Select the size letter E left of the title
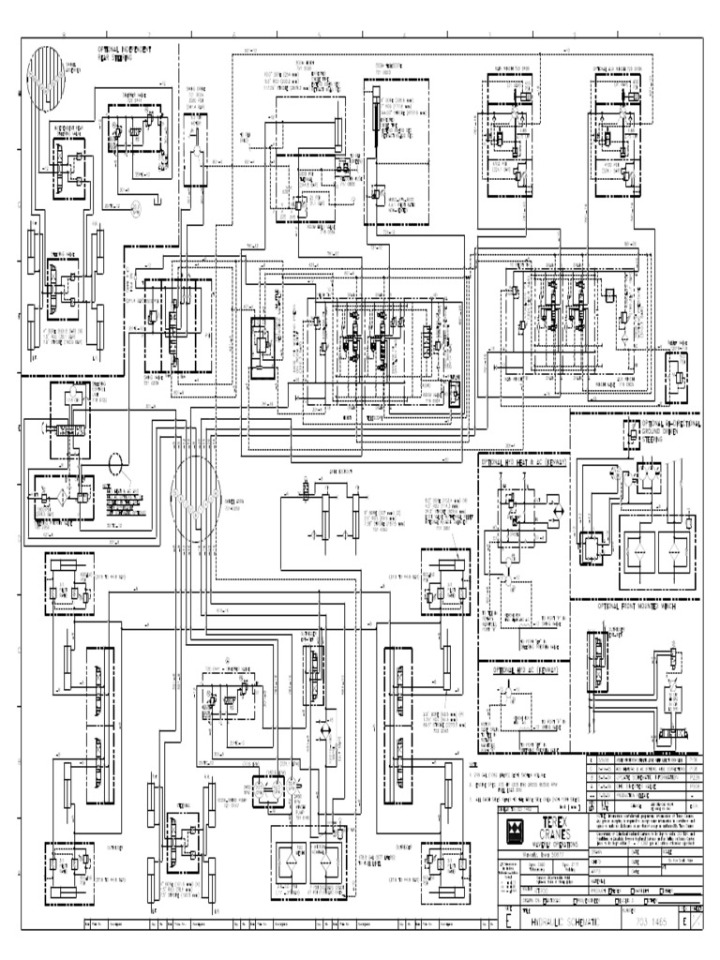tap(508, 922)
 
